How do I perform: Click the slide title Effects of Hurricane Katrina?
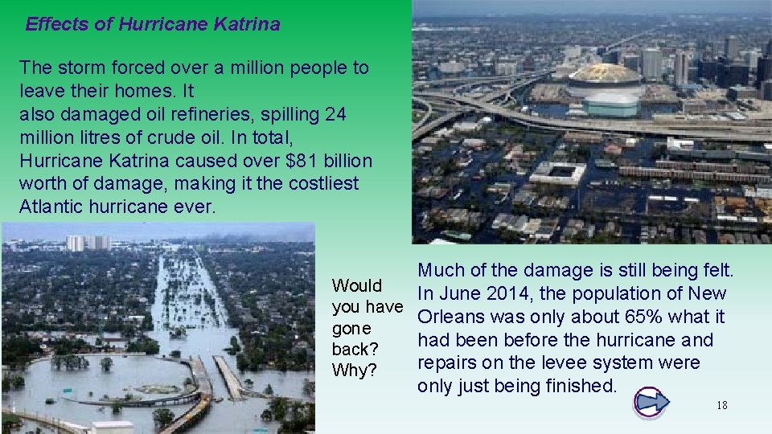153,24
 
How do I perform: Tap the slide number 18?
721,405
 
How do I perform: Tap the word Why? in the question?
354,371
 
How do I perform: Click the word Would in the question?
357,286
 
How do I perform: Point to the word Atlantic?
53,207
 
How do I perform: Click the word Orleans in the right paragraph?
452,317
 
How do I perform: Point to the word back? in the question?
355,350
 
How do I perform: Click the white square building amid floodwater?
557,172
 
